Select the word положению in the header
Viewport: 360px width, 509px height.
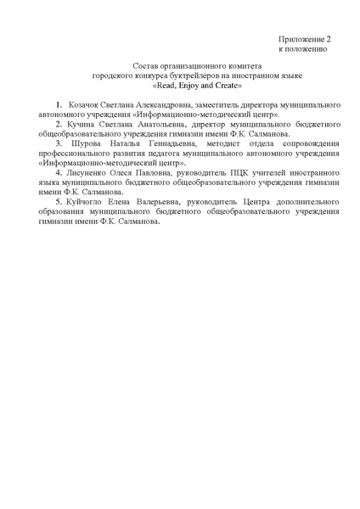311,50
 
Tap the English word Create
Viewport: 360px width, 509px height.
226,86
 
